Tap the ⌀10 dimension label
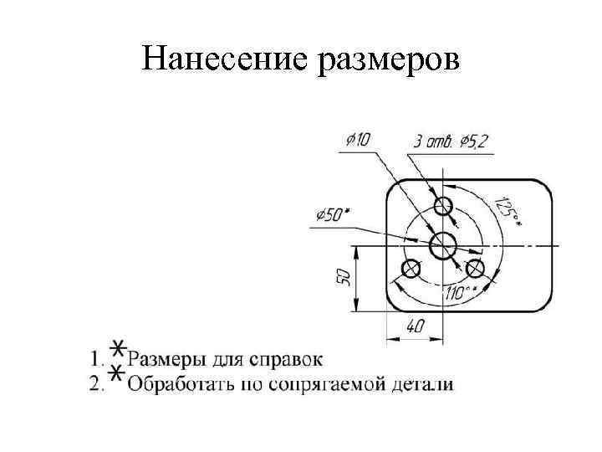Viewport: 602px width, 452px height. pos(356,139)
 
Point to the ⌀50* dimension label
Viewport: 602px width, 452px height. pos(334,215)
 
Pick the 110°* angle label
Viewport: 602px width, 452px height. pos(462,292)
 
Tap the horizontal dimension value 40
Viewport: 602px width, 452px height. pos(415,326)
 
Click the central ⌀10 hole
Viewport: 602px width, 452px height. pos(442,245)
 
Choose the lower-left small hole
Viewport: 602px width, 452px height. pos(411,269)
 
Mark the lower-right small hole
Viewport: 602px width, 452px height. pos(476,269)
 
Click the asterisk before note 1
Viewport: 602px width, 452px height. pos(120,350)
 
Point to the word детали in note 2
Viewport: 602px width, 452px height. pos(426,385)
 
